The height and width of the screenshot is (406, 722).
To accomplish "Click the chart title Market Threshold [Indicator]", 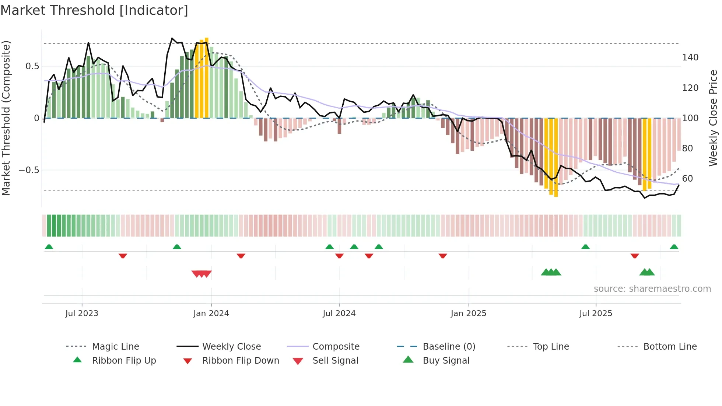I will [x=94, y=10].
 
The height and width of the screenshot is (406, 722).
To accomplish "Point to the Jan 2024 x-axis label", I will [x=211, y=314].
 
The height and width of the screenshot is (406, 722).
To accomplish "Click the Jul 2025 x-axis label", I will [x=596, y=314].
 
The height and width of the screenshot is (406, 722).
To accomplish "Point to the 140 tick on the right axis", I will [x=690, y=57].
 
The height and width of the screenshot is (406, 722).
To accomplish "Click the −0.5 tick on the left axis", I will [x=29, y=170].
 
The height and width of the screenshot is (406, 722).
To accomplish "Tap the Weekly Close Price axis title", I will [x=713, y=118].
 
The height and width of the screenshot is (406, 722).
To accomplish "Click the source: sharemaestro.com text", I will [x=652, y=289].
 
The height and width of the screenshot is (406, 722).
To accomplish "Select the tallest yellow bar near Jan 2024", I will [x=207, y=77].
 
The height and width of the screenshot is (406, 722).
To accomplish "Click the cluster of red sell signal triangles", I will [x=201, y=274].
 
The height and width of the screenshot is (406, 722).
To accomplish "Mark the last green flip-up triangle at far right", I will [x=674, y=247].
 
